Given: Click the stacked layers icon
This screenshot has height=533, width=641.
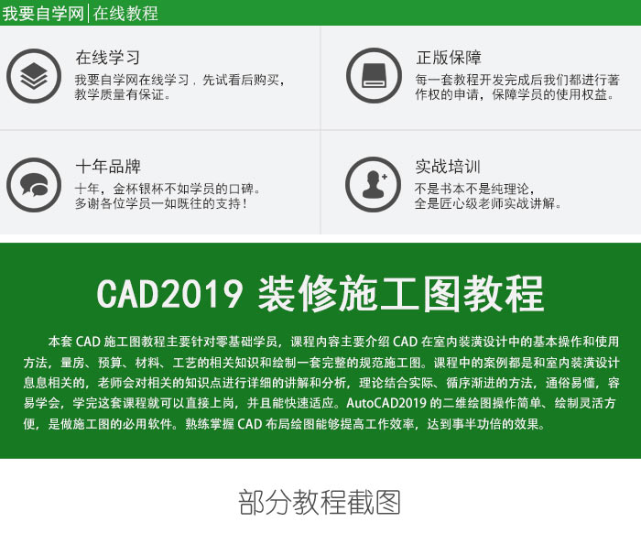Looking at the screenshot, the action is click(x=34, y=76).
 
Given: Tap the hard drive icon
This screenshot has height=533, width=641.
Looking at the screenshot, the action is click(x=374, y=76).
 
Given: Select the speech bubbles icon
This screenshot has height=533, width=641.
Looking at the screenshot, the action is click(x=34, y=185).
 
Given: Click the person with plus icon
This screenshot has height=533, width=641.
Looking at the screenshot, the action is click(x=374, y=184).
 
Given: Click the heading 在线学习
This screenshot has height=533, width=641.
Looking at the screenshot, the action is click(x=108, y=58).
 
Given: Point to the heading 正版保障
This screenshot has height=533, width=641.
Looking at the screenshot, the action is click(x=449, y=57).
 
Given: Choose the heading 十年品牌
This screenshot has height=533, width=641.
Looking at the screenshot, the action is click(x=108, y=167).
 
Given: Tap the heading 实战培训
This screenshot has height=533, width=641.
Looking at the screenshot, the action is click(x=448, y=167).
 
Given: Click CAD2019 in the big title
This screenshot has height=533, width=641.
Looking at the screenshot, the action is click(x=169, y=293).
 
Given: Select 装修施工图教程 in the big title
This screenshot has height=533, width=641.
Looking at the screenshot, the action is click(x=401, y=293).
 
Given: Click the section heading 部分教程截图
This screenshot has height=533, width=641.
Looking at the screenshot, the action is click(x=320, y=503).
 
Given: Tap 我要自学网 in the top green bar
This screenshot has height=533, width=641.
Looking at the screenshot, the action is click(x=43, y=13).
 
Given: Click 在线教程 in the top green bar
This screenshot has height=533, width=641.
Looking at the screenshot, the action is click(x=125, y=13).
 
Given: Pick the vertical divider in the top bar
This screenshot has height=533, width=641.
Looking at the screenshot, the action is click(x=88, y=13).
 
